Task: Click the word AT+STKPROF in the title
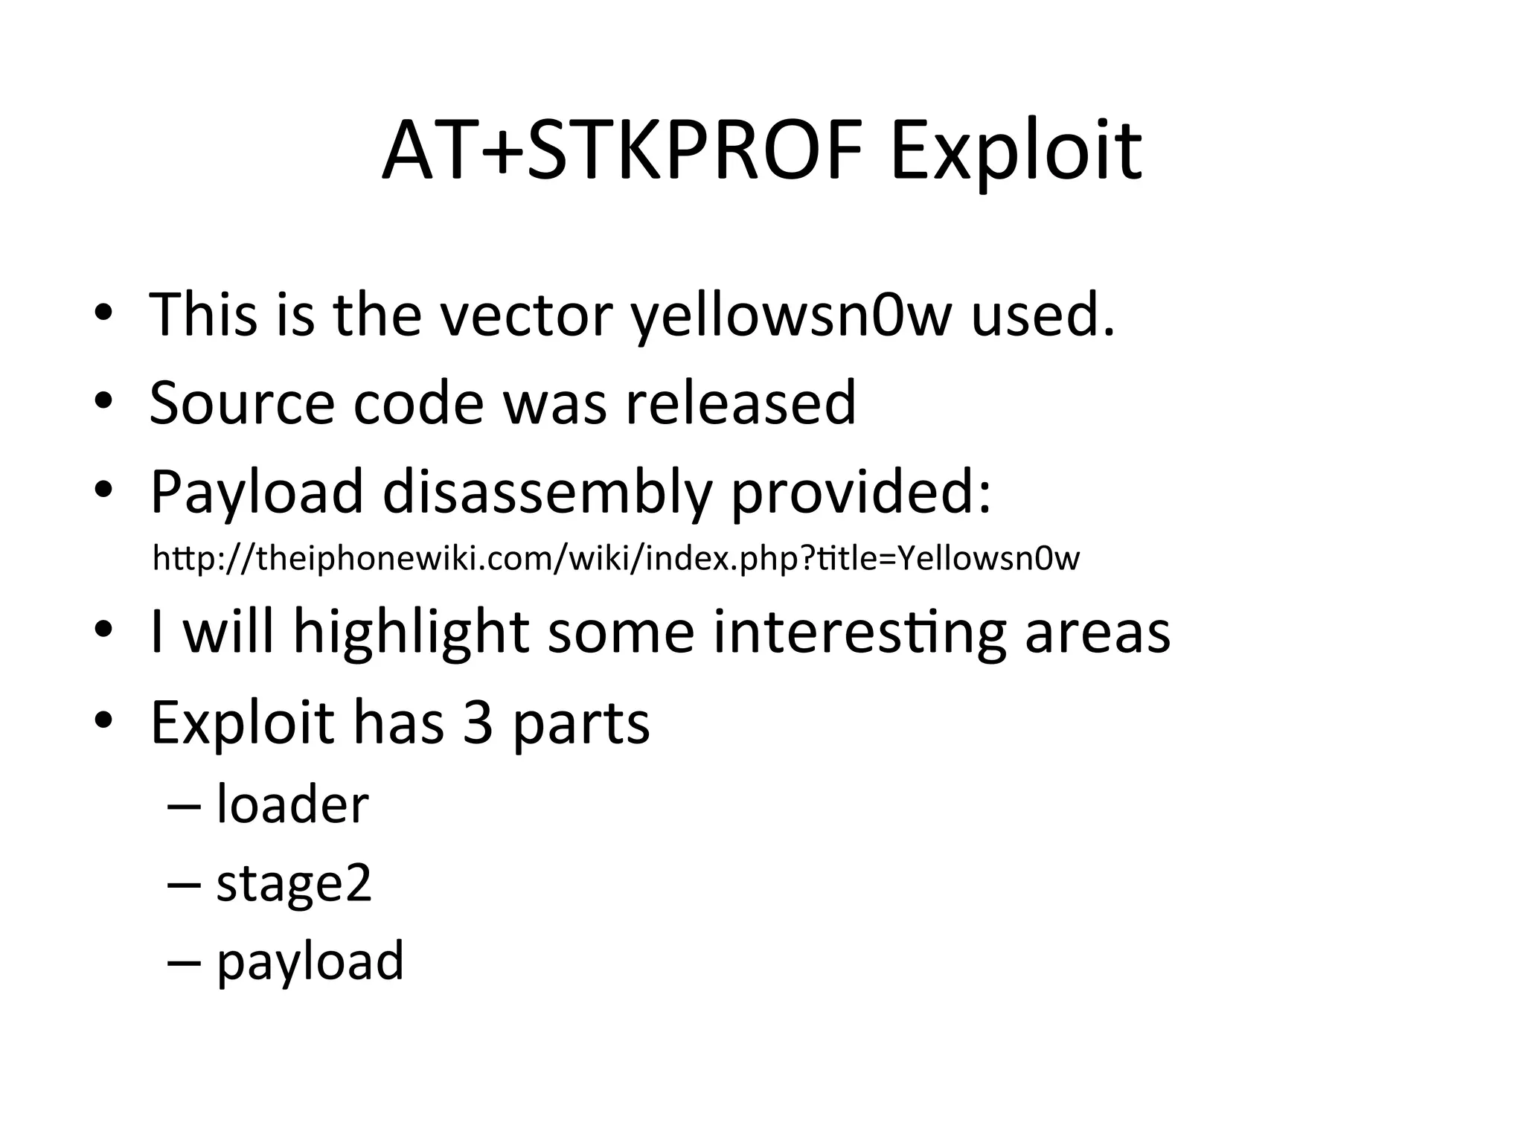tap(621, 153)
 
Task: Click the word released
tap(740, 403)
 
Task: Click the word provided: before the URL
tap(861, 493)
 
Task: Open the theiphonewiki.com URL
tap(615, 558)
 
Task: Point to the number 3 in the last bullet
tap(478, 723)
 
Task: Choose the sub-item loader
tap(292, 804)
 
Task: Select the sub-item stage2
tap(294, 884)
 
